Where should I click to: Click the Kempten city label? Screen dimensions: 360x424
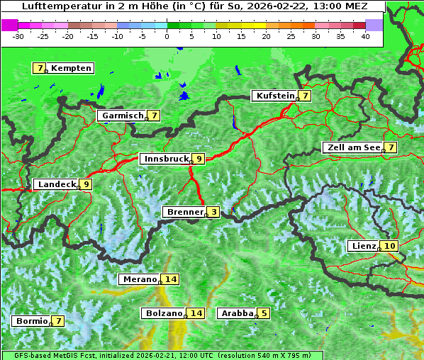[71, 68]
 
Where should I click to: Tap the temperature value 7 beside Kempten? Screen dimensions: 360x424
[40, 68]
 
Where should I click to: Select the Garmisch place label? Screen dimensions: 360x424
[123, 116]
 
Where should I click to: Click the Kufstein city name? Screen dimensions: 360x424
[274, 96]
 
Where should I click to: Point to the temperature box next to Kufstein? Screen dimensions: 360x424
[304, 96]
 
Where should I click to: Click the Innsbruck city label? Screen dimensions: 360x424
[166, 159]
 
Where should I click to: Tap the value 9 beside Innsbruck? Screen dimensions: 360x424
[199, 159]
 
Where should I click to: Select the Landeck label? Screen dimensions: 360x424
[57, 184]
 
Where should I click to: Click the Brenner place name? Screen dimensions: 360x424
[184, 212]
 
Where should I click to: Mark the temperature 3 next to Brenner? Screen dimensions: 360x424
[213, 212]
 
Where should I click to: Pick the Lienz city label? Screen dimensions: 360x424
[364, 246]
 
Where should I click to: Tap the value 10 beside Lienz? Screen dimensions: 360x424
[389, 246]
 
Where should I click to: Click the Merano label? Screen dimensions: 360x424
[139, 279]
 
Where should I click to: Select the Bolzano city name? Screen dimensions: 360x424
[164, 313]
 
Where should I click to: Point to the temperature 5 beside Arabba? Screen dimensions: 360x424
[264, 313]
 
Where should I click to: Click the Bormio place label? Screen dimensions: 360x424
[32, 321]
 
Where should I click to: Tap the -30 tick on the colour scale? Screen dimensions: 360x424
[18, 35]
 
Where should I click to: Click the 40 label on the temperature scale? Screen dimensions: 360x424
[365, 35]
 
